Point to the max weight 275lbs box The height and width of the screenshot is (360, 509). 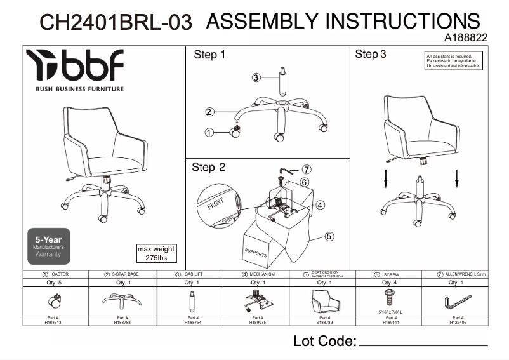pos(156,253)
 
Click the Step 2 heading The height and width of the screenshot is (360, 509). pos(209,168)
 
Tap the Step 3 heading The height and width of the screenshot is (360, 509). pos(371,55)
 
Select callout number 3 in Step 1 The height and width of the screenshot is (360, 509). pos(256,77)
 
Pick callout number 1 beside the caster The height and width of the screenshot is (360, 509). pos(209,133)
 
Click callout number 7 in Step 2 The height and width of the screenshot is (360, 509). pos(306,170)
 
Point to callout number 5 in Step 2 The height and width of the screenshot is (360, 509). pos(329,237)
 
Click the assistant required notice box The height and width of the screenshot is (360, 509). pos(454,61)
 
